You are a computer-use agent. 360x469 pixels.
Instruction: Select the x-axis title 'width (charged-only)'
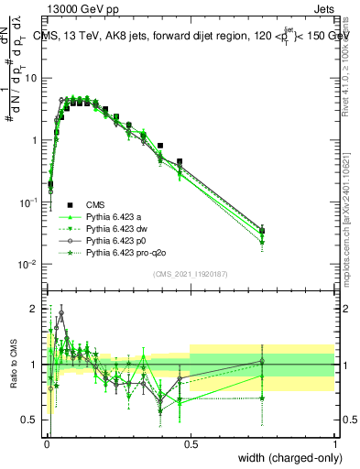pyautogui.click(x=285, y=457)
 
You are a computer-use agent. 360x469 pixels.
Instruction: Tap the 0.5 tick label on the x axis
pyautogui.click(x=191, y=443)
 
